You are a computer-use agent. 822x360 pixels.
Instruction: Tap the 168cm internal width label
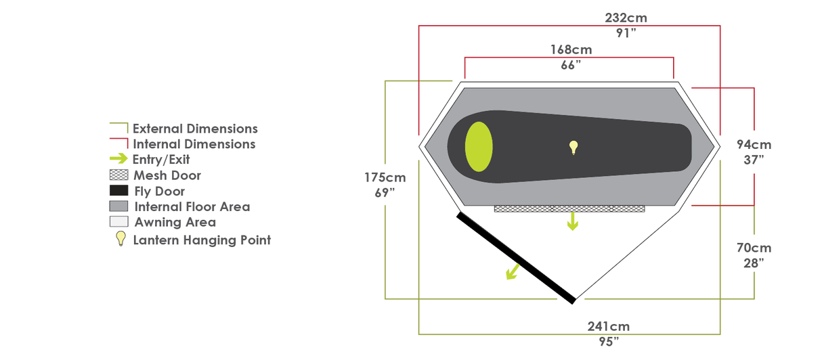(x=571, y=49)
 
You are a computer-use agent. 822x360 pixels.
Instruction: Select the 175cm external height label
(x=385, y=178)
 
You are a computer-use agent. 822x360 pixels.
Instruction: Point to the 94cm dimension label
(x=754, y=144)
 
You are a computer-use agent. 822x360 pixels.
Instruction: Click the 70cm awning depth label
(x=754, y=248)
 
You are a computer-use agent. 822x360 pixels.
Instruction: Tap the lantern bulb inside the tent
(x=574, y=148)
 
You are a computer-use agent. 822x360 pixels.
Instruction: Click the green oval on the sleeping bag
(x=479, y=147)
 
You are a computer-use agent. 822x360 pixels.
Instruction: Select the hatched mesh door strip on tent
(x=569, y=209)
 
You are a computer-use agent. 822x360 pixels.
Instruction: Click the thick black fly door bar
(x=517, y=257)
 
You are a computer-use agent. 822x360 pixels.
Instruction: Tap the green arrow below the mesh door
(x=573, y=221)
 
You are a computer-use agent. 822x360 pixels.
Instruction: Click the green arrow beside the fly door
(x=513, y=271)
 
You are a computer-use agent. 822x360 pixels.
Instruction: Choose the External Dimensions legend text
(x=195, y=129)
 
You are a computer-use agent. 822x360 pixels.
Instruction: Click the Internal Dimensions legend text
(x=194, y=144)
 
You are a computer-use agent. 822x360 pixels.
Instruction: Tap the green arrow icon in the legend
(x=118, y=159)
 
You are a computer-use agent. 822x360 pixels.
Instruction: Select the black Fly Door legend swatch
(x=118, y=191)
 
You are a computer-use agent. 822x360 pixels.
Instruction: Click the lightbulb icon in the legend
(x=121, y=238)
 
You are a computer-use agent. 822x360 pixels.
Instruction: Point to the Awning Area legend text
(x=175, y=222)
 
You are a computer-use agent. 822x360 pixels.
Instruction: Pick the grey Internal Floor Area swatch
(x=118, y=206)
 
